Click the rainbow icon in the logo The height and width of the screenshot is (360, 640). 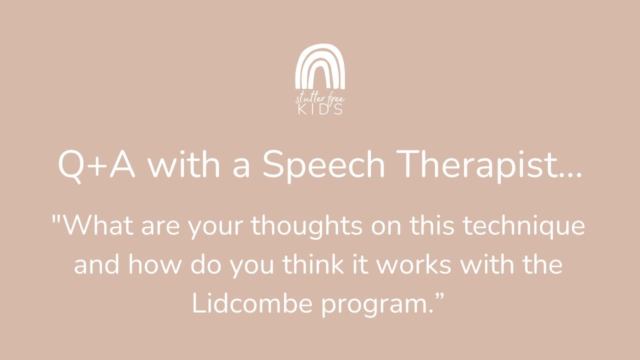[320, 65]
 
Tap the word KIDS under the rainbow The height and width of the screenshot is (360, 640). [320, 109]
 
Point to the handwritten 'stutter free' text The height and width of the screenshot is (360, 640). [320, 98]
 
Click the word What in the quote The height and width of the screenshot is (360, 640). [99, 226]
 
